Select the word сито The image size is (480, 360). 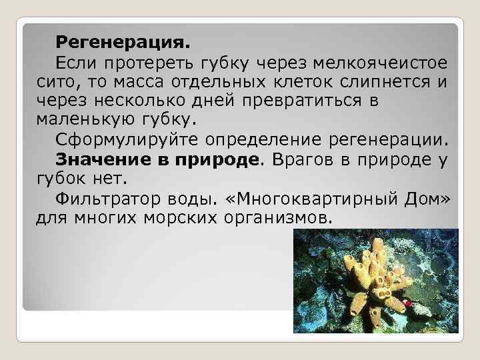click(53, 83)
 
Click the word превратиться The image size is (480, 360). click(295, 102)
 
